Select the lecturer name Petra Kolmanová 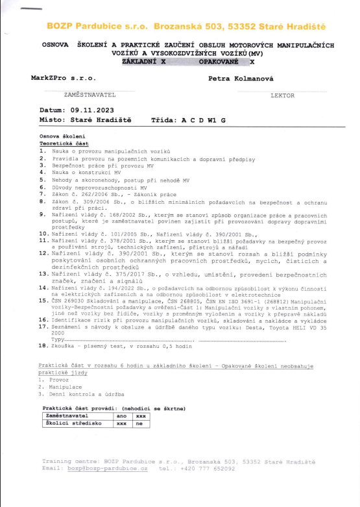coord(241,78)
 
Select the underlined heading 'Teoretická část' coord(65,142)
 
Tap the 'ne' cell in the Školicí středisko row coord(138,423)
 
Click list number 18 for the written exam coord(43,348)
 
